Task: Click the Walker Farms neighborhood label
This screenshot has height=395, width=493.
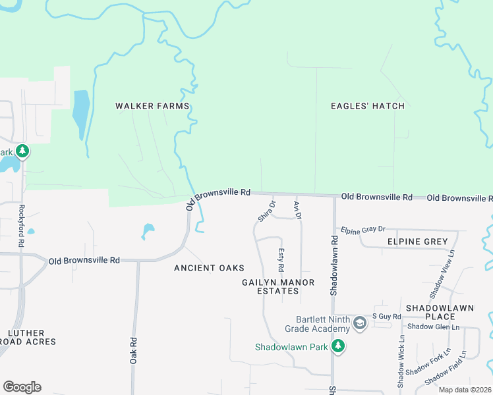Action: [x=152, y=106]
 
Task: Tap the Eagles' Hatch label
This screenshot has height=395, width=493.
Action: [x=368, y=106]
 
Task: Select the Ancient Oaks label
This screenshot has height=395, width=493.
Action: [x=209, y=268]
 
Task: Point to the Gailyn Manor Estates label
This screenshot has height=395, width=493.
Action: [x=277, y=286]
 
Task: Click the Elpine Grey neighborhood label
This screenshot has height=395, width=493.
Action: [x=418, y=242]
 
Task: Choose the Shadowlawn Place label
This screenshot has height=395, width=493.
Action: [x=430, y=312]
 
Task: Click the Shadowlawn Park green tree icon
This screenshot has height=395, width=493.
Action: [x=338, y=346]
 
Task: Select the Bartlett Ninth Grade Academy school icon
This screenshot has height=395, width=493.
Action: [x=359, y=323]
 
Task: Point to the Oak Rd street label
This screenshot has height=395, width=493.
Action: [x=133, y=350]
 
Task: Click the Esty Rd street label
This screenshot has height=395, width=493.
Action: [x=281, y=260]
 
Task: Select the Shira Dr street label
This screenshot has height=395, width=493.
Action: [x=266, y=211]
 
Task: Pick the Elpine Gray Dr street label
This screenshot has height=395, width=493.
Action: [x=362, y=229]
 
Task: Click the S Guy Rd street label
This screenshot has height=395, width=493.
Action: [x=387, y=317]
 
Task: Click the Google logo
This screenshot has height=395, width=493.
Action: [x=22, y=387]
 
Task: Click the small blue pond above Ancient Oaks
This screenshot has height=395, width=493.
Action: [x=148, y=231]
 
